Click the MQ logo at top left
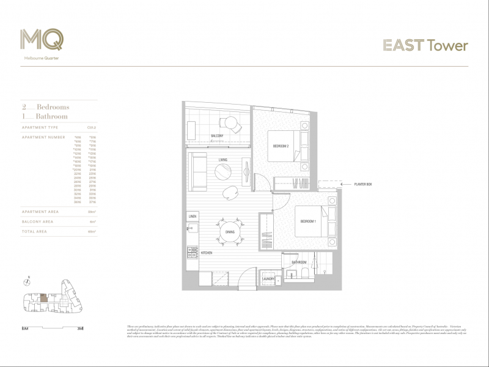pyautogui.click(x=41, y=40)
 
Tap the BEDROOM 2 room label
pyautogui.click(x=281, y=146)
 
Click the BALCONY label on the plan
pyautogui.click(x=217, y=135)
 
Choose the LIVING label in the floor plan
pyautogui.click(x=222, y=160)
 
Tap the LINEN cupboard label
pyautogui.click(x=193, y=217)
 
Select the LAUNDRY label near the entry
pyautogui.click(x=269, y=280)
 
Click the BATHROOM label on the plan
pyautogui.click(x=299, y=262)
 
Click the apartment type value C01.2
pyautogui.click(x=92, y=127)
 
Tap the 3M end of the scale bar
pyautogui.click(x=80, y=328)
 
